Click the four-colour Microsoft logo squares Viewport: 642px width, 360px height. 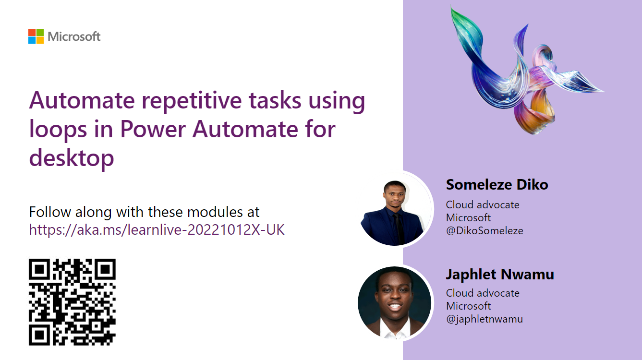pos(36,36)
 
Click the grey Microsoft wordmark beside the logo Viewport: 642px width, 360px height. pos(74,36)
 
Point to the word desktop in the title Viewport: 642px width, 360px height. pos(72,158)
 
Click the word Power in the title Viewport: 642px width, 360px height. pos(153,130)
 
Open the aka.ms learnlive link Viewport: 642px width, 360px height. pos(157,230)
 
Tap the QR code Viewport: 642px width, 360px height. pos(72,302)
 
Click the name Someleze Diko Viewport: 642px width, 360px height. pos(497,184)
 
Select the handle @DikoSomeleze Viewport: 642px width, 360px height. pos(485,231)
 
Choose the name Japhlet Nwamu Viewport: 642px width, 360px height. pos(500,275)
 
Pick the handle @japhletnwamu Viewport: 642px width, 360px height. pos(485,319)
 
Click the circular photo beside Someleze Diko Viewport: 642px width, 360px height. pos(396,210)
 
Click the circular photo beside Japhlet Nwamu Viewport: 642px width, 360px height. pos(395,303)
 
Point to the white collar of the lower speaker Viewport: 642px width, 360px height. pos(395,329)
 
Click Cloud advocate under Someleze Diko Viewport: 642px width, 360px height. pos(483,205)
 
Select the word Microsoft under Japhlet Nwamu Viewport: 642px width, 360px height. pos(468,306)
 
